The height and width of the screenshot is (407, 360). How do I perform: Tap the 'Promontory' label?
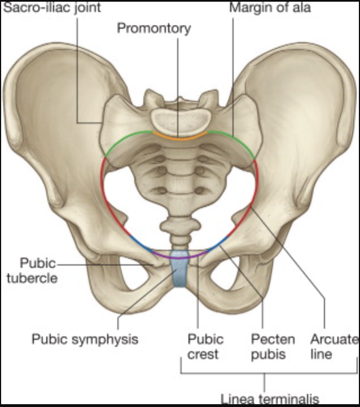point(153,28)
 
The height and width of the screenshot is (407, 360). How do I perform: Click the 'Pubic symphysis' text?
point(85,339)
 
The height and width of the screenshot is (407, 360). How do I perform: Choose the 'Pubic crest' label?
point(205,347)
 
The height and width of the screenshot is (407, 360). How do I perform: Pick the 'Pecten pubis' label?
point(273,347)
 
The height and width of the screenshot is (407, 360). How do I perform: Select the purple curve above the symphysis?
point(179,256)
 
